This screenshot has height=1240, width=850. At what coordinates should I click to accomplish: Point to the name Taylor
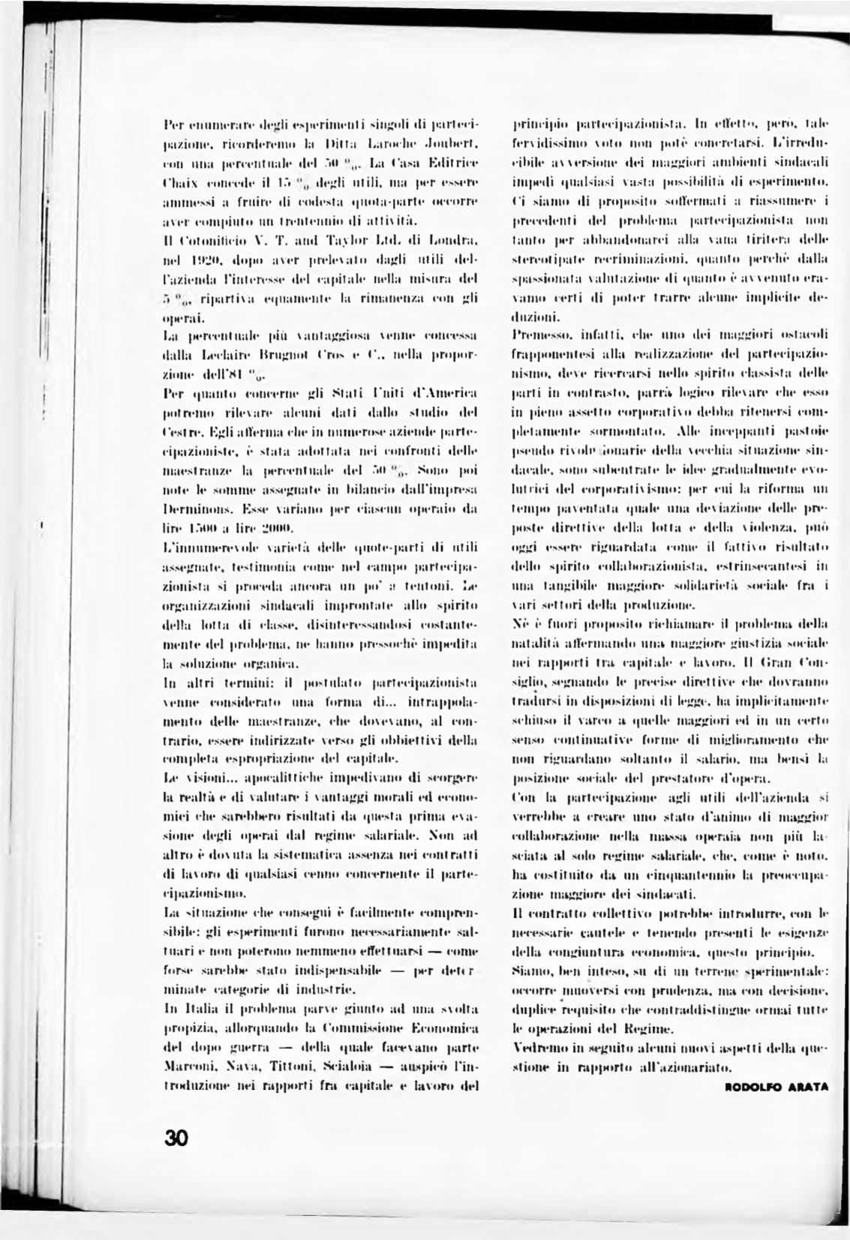click(x=346, y=240)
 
